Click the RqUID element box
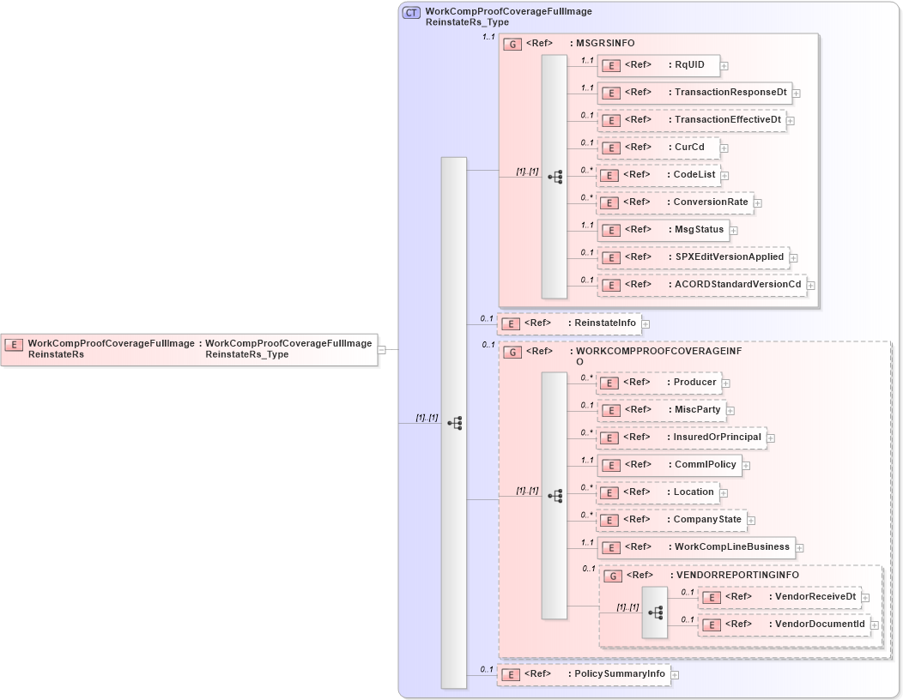coord(658,65)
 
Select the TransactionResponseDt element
coord(694,93)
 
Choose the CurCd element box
coord(658,148)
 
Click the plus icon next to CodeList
coord(724,176)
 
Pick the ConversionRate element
coord(675,202)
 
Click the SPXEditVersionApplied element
coord(693,257)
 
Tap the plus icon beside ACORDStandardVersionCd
coord(810,286)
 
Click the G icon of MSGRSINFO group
coord(512,44)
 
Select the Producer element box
coord(658,383)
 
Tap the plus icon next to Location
coord(724,493)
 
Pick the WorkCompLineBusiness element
coord(695,547)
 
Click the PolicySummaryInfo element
coord(584,674)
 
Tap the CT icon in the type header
coord(412,13)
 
